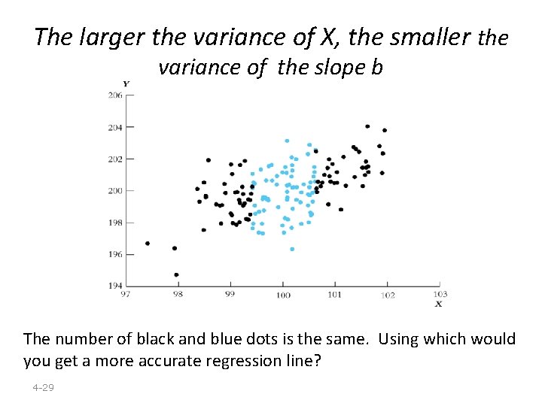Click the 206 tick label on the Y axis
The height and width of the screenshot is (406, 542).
pyautogui.click(x=114, y=95)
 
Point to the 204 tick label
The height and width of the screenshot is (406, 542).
pyautogui.click(x=114, y=127)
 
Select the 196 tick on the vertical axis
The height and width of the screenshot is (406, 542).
pyautogui.click(x=114, y=254)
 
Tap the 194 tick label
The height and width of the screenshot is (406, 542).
pyautogui.click(x=114, y=286)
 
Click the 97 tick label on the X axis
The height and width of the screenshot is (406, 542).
pyautogui.click(x=126, y=294)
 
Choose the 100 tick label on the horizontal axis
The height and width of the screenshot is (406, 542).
pyautogui.click(x=282, y=295)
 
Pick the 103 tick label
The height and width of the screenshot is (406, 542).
pyautogui.click(x=440, y=294)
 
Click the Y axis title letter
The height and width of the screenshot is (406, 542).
pyautogui.click(x=126, y=83)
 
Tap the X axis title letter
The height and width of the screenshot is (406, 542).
pyautogui.click(x=438, y=304)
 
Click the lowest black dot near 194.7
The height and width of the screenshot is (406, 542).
pyautogui.click(x=176, y=274)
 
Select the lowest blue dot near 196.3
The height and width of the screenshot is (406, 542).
pyautogui.click(x=292, y=249)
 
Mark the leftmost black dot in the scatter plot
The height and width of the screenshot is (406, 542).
pyautogui.click(x=148, y=243)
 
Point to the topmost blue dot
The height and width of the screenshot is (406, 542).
pyautogui.click(x=287, y=141)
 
